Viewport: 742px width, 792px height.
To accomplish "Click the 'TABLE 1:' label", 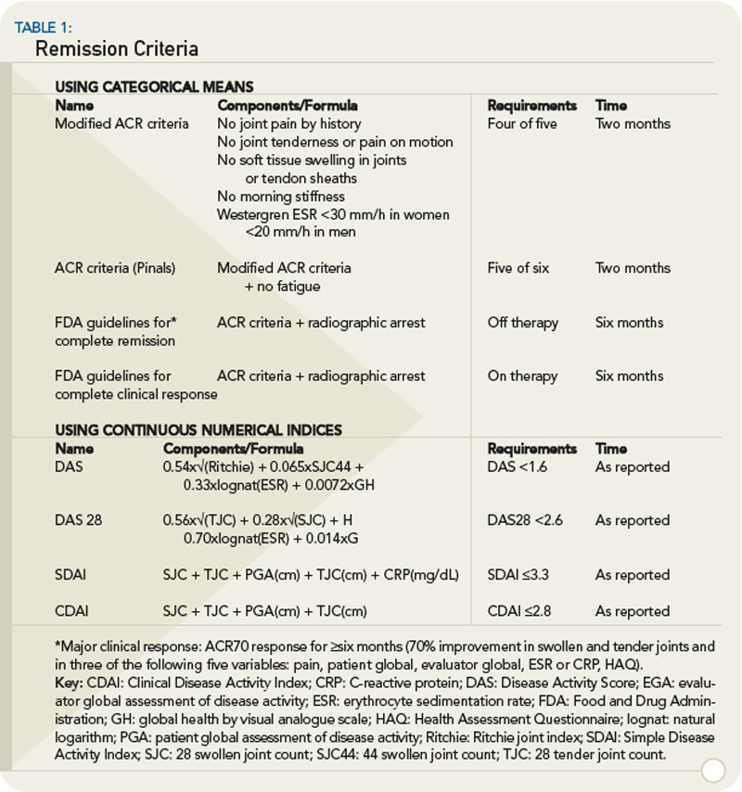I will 43,27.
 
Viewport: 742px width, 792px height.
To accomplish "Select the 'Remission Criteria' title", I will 116,48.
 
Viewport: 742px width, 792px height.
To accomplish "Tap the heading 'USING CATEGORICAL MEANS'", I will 154,87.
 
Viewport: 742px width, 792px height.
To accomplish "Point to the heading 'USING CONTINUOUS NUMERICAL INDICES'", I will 198,430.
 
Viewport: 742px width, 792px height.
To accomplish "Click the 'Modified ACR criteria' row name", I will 122,123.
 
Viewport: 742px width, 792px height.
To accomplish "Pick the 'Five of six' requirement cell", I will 518,268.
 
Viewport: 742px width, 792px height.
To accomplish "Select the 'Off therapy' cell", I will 523,323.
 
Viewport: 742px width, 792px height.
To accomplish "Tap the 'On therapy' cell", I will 522,376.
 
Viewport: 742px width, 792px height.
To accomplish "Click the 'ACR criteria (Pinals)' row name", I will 115,268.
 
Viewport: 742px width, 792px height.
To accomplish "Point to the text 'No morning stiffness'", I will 281,197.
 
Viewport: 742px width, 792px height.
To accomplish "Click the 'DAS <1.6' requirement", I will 518,466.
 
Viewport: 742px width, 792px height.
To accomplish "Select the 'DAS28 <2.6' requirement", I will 526,520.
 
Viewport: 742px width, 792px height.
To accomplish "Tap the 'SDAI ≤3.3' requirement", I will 518,575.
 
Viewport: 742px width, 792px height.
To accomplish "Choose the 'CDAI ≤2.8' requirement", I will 519,611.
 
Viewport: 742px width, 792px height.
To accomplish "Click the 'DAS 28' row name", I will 78,520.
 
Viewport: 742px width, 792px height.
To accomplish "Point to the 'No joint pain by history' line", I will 289,123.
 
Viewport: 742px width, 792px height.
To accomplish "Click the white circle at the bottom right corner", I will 713,770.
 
